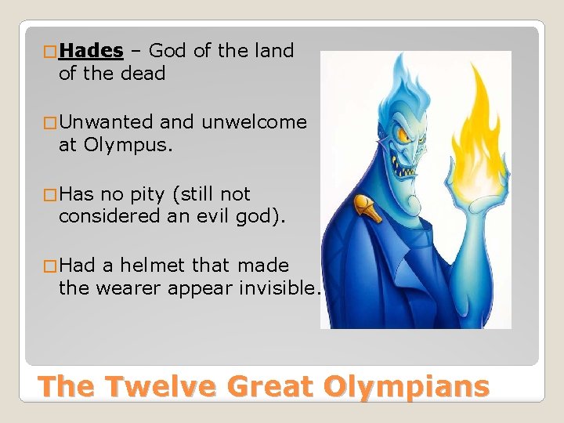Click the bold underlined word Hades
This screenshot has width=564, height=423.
[91, 51]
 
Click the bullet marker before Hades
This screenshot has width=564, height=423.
[50, 52]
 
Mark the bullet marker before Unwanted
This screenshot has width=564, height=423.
[50, 123]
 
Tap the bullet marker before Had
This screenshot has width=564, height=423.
[50, 266]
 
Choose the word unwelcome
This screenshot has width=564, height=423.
[254, 122]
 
